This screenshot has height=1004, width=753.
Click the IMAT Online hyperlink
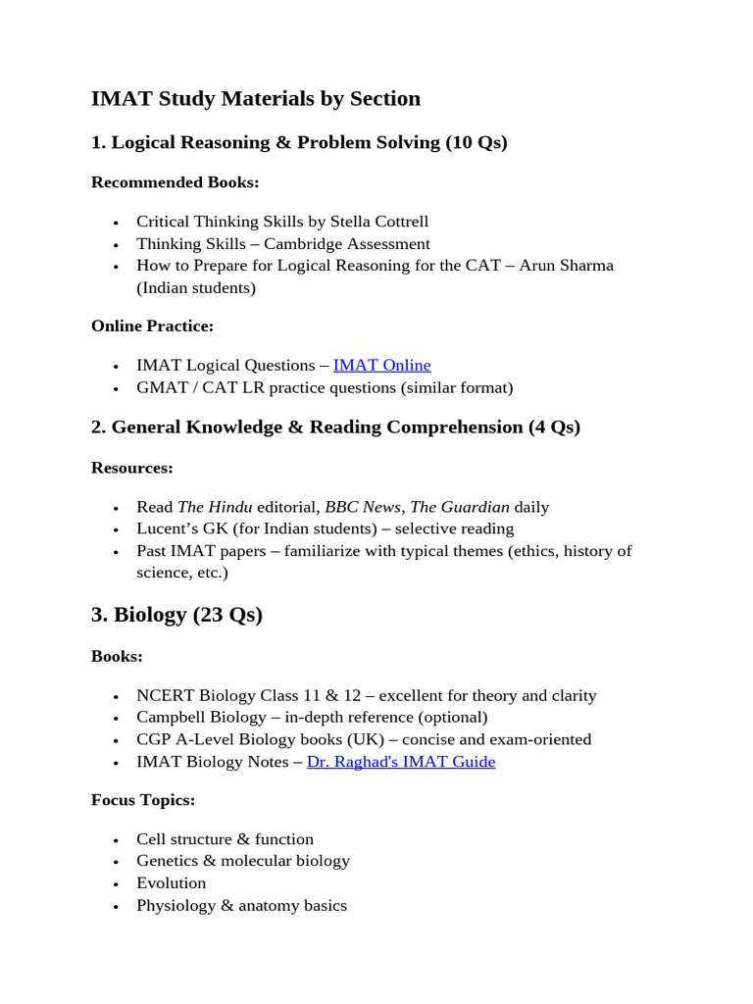(381, 365)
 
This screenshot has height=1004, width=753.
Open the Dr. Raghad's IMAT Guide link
(401, 761)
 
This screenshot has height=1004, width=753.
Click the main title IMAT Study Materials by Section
(256, 98)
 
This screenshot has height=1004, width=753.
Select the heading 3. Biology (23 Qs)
(176, 615)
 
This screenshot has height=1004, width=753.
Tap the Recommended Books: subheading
(175, 181)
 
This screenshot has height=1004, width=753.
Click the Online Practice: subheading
(152, 326)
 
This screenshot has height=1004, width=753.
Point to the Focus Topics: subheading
(143, 800)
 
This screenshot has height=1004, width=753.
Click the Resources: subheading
(131, 468)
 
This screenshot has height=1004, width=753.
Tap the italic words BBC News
(362, 507)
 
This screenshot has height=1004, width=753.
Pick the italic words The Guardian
(460, 507)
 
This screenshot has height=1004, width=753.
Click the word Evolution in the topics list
(172, 882)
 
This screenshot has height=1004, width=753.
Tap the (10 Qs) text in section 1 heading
(477, 142)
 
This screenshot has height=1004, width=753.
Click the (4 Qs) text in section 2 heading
(554, 427)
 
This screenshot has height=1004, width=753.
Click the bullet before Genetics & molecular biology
(116, 862)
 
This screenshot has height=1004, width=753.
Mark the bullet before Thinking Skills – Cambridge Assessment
(116, 244)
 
